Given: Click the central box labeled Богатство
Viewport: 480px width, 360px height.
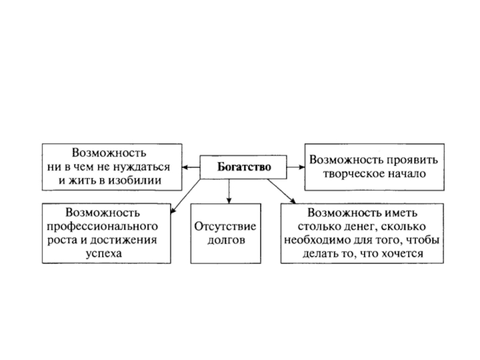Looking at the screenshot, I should tap(243, 166).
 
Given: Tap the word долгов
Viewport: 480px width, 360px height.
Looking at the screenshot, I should tap(225, 241).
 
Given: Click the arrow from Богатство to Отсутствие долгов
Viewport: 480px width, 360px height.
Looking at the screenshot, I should tap(229, 191).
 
